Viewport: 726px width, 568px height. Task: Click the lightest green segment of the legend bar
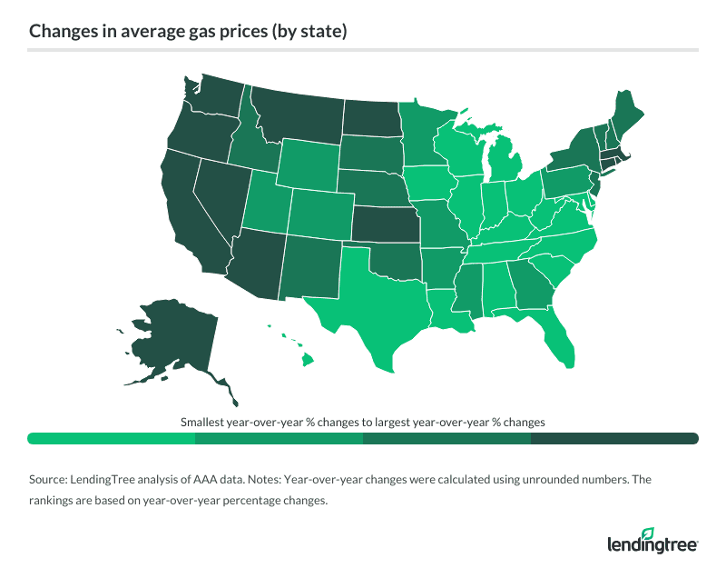click(112, 439)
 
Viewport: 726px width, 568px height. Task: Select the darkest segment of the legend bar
click(614, 439)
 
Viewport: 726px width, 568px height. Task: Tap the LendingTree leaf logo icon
click(648, 533)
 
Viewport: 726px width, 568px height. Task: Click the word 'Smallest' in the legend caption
click(204, 423)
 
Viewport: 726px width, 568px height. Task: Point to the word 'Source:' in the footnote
click(51, 478)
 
